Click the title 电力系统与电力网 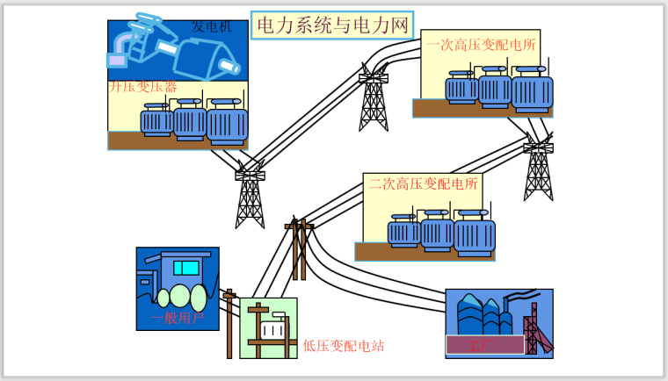click(x=331, y=25)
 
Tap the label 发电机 click(x=212, y=27)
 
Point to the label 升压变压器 click(x=143, y=88)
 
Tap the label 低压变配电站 click(x=344, y=346)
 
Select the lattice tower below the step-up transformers click(x=250, y=198)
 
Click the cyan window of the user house click(x=185, y=267)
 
